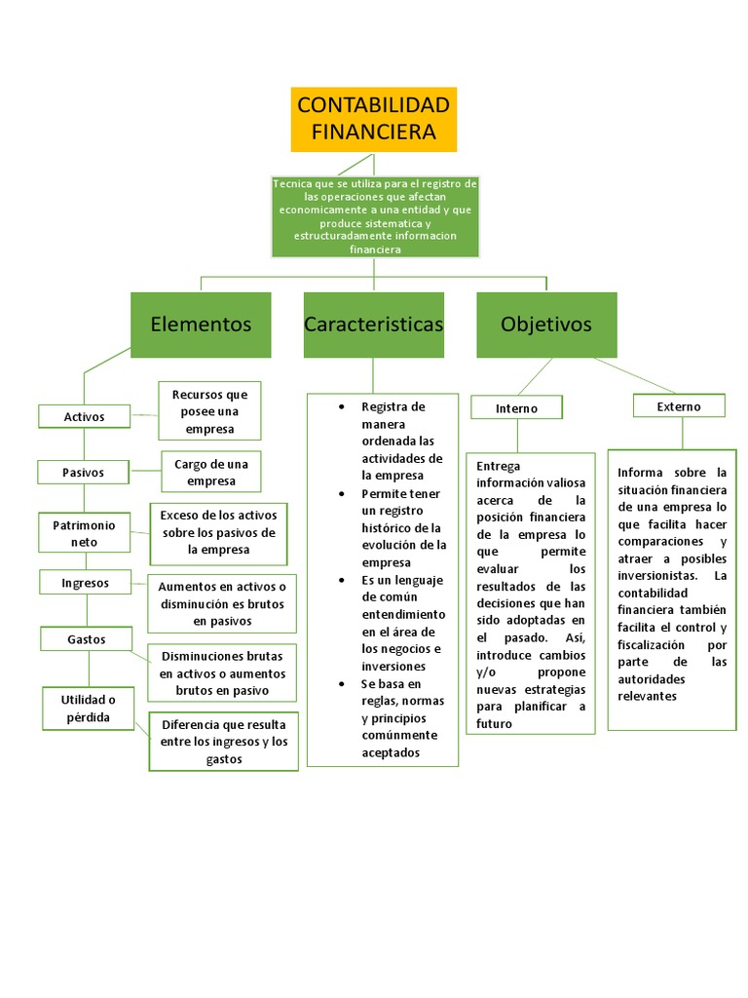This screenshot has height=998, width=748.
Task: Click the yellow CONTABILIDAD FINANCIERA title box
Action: pos(373,119)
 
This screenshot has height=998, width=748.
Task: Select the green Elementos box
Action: pos(201,325)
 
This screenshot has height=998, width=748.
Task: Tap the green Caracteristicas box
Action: pos(373,325)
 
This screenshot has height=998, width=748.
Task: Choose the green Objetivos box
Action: pos(545,325)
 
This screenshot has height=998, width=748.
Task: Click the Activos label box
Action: pos(84,416)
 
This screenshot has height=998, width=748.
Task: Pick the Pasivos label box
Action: pos(84,473)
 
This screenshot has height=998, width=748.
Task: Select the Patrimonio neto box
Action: pos(84,532)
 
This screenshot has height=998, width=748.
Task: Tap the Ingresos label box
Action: pos(85,583)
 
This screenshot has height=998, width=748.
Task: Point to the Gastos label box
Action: pos(86,639)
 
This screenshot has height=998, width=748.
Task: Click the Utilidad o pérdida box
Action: pos(88,709)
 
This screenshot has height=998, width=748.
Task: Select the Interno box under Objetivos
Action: pos(516,407)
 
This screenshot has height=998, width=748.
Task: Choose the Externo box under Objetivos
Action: pos(678,405)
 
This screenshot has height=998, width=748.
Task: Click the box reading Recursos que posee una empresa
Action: pos(209,411)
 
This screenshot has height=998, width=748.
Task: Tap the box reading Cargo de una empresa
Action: pos(211,473)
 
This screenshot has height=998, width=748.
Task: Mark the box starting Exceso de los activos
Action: pos(218,532)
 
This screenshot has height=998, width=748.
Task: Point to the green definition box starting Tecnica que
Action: pos(374,216)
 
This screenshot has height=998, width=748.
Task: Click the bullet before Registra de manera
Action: pos(340,406)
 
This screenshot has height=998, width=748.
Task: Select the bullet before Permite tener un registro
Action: pos(340,493)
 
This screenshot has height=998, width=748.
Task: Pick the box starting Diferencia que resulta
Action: pos(224,742)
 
